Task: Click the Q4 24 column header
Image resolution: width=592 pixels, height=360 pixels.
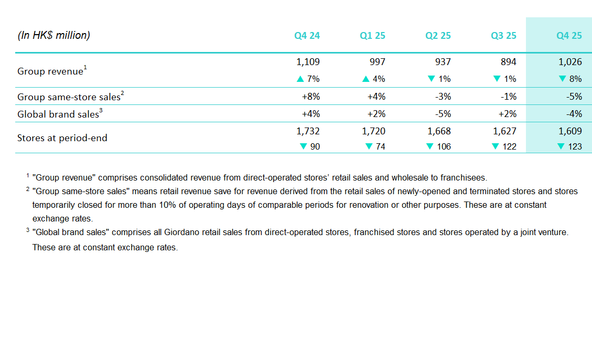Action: click(307, 36)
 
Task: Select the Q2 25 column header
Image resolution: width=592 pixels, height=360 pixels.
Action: click(438, 36)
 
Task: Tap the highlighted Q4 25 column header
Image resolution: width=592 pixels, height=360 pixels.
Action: click(569, 36)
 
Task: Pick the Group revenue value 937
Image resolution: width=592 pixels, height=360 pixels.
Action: click(443, 61)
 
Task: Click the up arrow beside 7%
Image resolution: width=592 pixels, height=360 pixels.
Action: click(300, 79)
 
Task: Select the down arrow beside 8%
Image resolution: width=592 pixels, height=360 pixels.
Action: click(562, 79)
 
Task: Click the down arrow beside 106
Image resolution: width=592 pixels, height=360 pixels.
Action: click(431, 146)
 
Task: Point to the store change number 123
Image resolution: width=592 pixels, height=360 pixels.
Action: click(575, 146)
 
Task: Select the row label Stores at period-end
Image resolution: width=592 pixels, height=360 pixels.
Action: click(62, 138)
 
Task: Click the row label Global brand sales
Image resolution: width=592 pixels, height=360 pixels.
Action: click(58, 114)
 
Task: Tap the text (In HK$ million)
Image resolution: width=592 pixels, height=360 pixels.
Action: click(54, 36)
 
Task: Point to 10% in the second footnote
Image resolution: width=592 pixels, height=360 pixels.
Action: click(152, 205)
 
